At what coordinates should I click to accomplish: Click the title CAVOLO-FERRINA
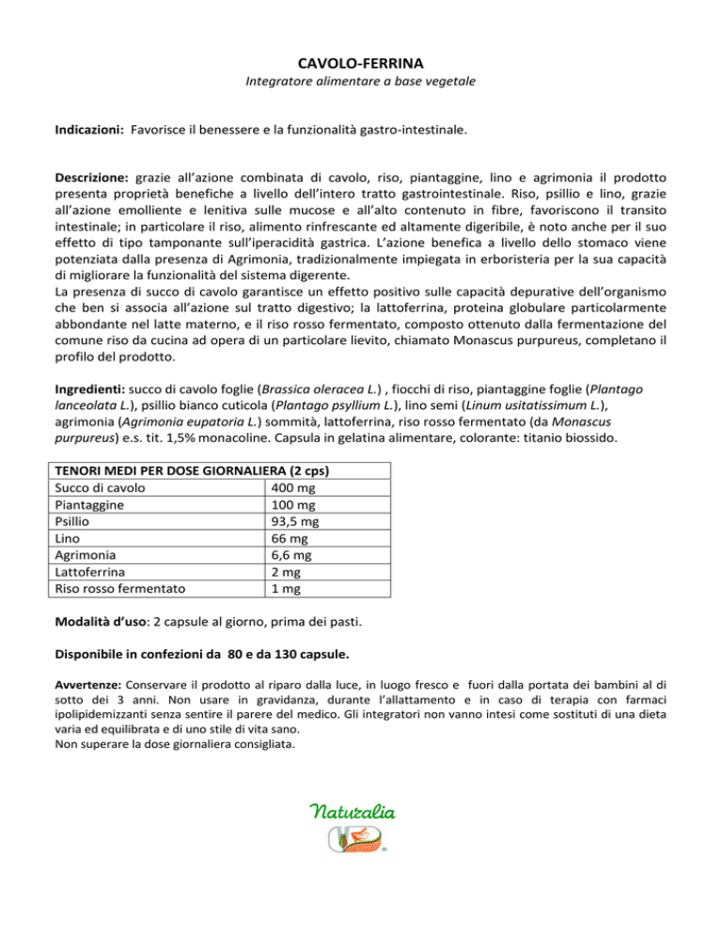click(x=360, y=63)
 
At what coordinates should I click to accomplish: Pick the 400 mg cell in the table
click(x=287, y=487)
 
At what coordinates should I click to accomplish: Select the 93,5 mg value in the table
click(x=290, y=521)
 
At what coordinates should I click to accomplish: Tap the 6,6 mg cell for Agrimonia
click(x=287, y=555)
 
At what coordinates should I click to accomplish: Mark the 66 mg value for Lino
click(x=283, y=538)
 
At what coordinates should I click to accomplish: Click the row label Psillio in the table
click(x=74, y=521)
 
